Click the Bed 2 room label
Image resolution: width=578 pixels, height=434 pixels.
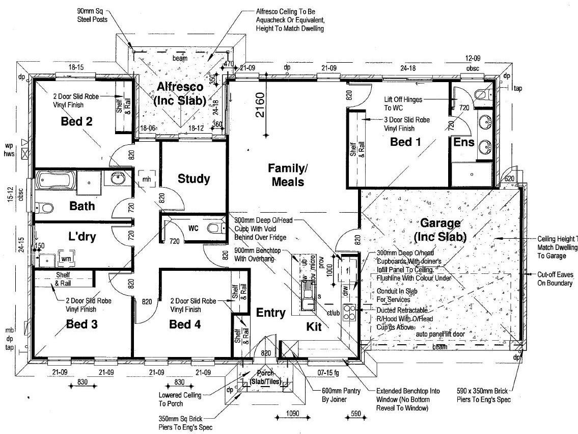(x=76, y=121)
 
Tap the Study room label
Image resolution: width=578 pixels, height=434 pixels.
(x=194, y=179)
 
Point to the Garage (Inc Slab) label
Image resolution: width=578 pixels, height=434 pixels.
(x=441, y=230)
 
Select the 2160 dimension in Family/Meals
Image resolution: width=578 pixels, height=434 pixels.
(x=260, y=105)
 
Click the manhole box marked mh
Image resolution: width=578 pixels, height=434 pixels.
(x=147, y=179)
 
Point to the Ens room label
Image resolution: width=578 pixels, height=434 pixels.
(x=464, y=142)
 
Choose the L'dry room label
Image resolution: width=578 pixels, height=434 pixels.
(x=82, y=237)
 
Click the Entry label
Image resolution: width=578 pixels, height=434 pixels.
(x=270, y=313)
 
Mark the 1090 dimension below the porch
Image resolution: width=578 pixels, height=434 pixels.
(x=292, y=414)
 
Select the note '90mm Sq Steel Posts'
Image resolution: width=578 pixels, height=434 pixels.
(x=91, y=15)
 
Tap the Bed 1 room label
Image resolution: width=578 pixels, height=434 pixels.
(x=405, y=142)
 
